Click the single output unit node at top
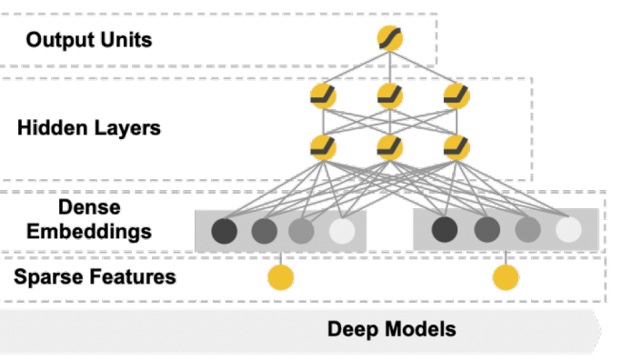pos(390,39)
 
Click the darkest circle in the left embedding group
pos(224,230)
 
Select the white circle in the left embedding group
pos(342,230)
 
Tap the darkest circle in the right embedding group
pos(445,230)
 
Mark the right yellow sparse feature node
pos(506,276)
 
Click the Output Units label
pos(89,40)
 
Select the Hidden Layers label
pos(89,127)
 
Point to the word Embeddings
pos(88,231)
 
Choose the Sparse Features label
pos(95,276)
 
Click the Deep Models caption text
pos(392,329)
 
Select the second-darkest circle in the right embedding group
pos(487,230)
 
